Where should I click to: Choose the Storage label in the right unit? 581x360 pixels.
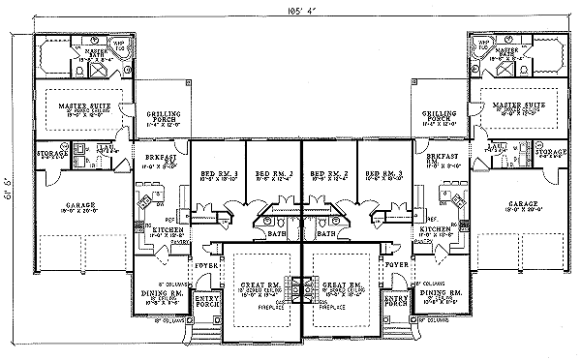pos(549,152)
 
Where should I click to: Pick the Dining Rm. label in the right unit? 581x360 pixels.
pos(442,291)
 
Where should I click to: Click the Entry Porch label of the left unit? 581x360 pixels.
pos(206,301)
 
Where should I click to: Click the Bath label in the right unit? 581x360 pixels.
pos(324,233)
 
